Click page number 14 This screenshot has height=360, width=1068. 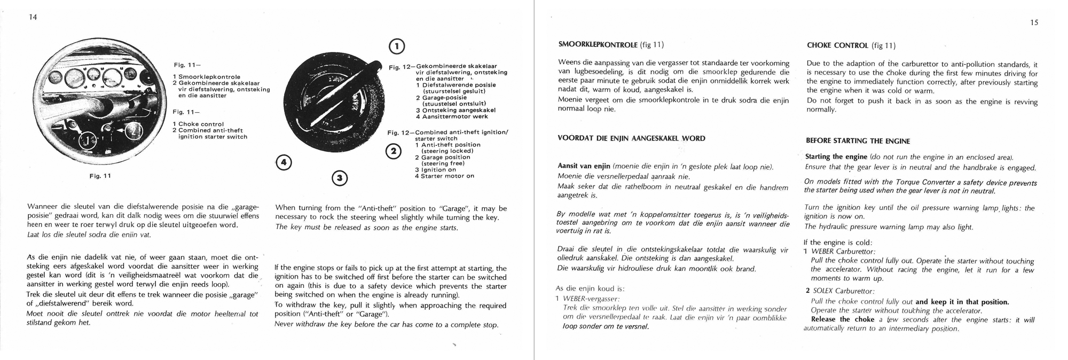(x=33, y=18)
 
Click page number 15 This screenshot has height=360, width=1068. (x=1034, y=23)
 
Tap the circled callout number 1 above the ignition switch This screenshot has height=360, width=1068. (x=396, y=47)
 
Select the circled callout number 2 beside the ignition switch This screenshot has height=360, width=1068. (x=393, y=152)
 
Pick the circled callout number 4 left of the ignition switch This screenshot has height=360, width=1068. (x=284, y=162)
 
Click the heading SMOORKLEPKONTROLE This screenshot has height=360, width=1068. (x=598, y=45)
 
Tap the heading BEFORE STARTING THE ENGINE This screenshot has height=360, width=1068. (x=858, y=141)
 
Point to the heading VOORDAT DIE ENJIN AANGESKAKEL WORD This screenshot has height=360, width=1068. (x=631, y=138)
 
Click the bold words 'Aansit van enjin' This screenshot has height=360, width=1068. (x=584, y=167)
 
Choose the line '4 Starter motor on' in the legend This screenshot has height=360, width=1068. (x=444, y=176)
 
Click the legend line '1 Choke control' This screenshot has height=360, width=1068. (x=198, y=124)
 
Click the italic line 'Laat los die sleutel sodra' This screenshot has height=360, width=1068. (x=89, y=234)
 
